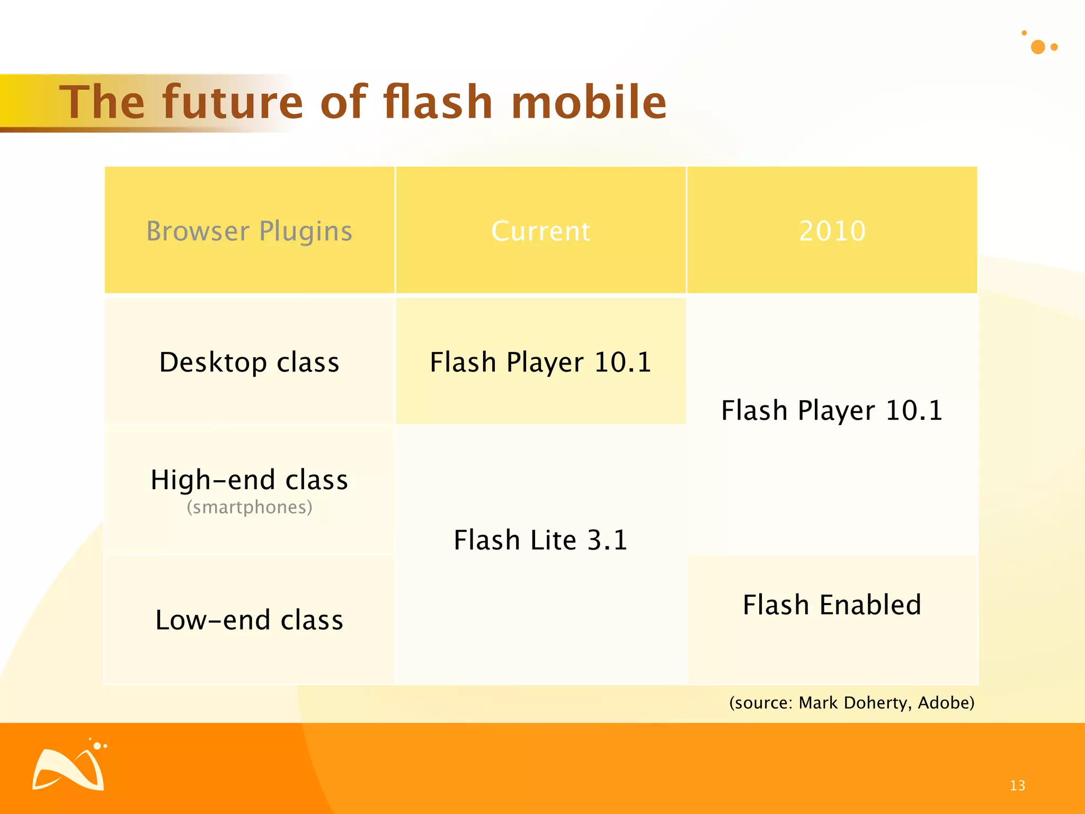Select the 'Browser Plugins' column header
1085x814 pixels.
point(250,231)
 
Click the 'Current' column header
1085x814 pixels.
point(540,231)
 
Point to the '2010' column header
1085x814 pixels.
point(832,231)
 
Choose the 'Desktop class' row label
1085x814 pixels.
point(250,362)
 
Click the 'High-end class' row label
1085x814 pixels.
point(250,480)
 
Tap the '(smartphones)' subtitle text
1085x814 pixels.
point(250,507)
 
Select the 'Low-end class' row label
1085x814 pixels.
point(250,620)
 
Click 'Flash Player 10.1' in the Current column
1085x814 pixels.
point(540,362)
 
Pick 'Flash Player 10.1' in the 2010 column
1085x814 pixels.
point(832,410)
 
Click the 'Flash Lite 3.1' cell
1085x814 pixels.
point(540,540)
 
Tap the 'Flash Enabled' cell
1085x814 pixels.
point(832,605)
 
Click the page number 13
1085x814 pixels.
point(1017,785)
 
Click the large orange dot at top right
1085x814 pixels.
point(1038,47)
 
